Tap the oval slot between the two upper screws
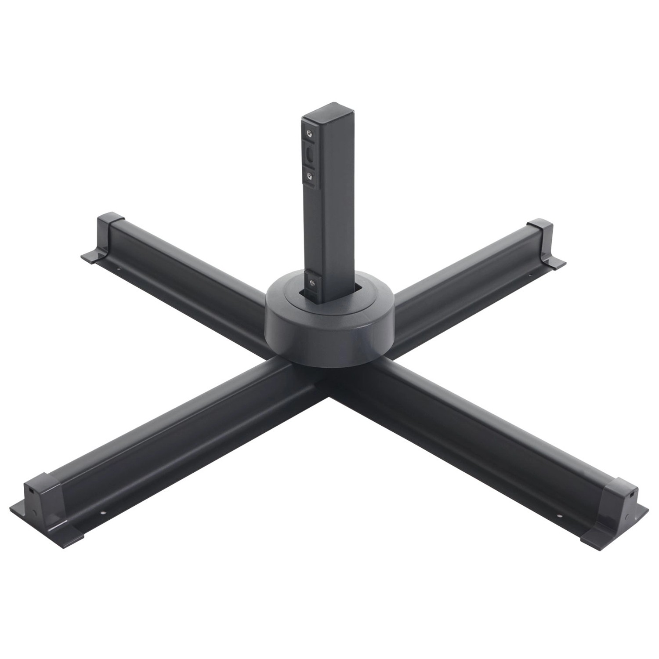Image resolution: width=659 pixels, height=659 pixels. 310,155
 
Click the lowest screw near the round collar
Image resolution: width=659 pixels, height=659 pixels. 311,283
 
